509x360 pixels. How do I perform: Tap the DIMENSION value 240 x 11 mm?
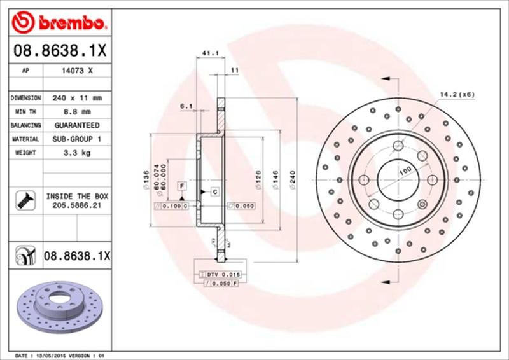click(78, 99)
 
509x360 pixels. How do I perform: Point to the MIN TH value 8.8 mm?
click(78, 113)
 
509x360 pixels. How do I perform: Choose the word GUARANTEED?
click(78, 126)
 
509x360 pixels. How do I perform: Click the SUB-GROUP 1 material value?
click(78, 139)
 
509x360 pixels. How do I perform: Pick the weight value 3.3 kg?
click(78, 153)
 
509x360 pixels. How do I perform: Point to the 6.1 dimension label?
click(186, 106)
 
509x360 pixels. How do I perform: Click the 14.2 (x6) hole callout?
click(456, 95)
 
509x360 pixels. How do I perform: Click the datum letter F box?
click(182, 185)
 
